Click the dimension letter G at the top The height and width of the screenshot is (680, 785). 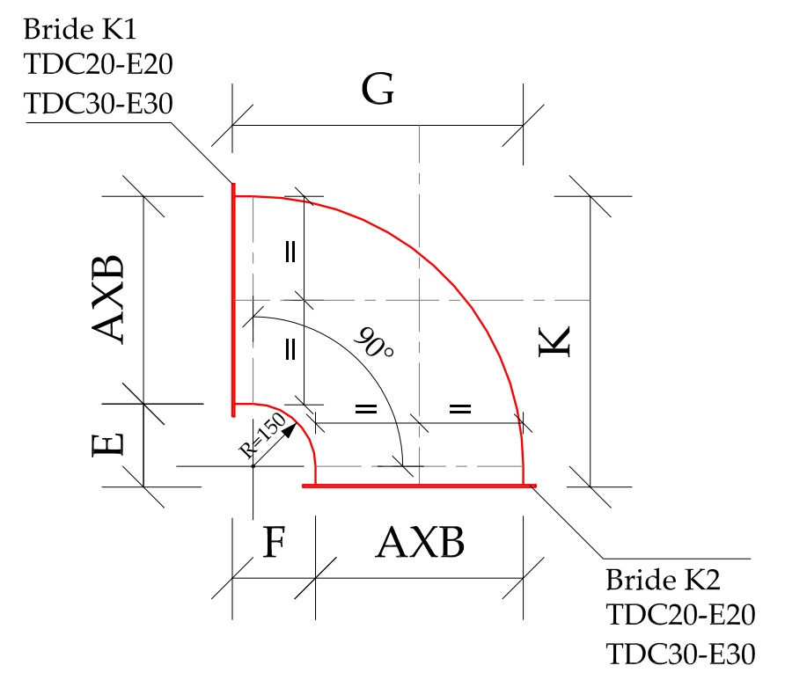(377, 91)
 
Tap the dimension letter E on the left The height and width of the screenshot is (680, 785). (106, 445)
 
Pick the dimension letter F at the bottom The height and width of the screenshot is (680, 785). (274, 544)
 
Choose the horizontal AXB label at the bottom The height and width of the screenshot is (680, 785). (420, 544)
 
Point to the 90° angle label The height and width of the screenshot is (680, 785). (373, 342)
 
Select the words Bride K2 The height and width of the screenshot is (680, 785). (664, 580)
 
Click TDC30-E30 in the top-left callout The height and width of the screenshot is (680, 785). (98, 103)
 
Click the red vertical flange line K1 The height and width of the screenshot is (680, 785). (234, 299)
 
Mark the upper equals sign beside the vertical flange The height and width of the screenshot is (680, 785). (290, 252)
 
